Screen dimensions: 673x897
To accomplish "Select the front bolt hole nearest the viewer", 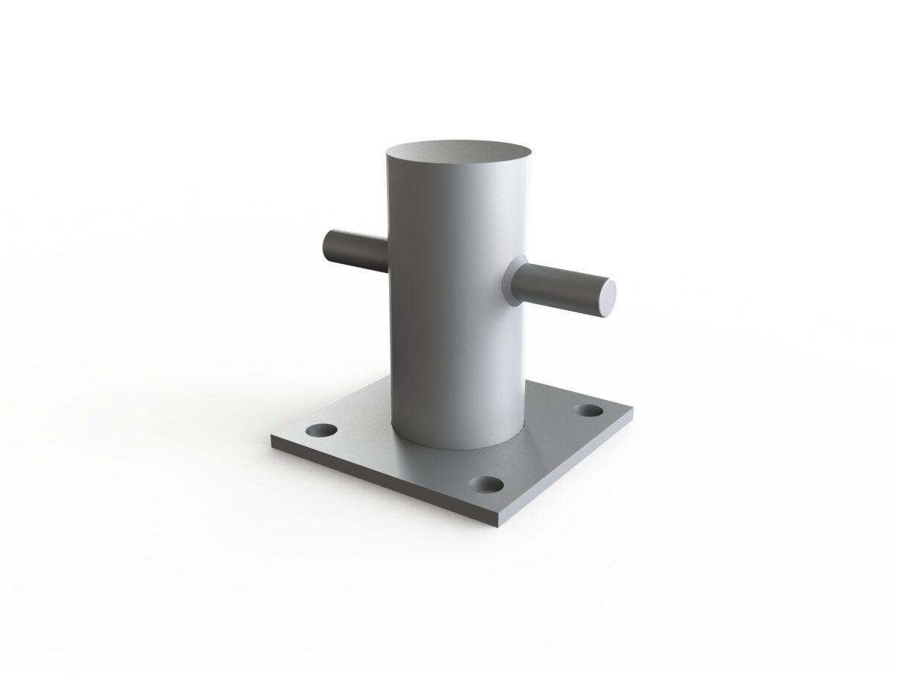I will tap(488, 485).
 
